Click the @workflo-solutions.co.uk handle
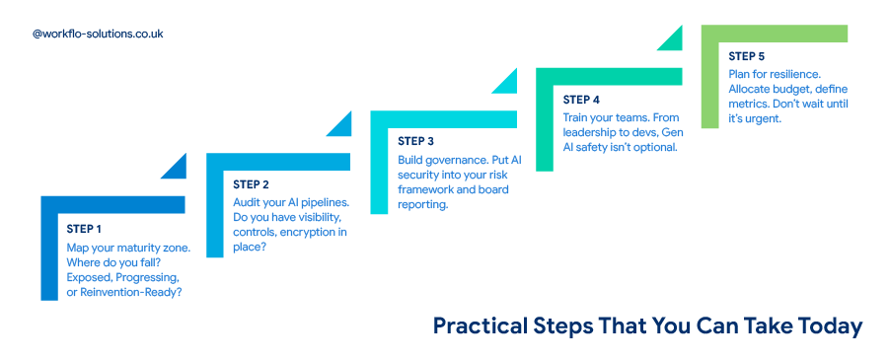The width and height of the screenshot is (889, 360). (x=98, y=34)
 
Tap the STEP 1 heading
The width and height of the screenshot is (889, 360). (x=84, y=229)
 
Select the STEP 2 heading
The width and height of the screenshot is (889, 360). (x=251, y=184)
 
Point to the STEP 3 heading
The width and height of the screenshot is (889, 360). (x=416, y=141)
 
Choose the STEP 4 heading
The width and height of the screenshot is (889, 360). (x=581, y=100)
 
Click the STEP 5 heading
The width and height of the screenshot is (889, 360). (x=747, y=56)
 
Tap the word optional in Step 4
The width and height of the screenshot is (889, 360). (x=657, y=147)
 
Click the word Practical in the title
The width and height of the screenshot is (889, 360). (x=480, y=326)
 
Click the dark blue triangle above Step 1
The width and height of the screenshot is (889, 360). (x=176, y=167)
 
